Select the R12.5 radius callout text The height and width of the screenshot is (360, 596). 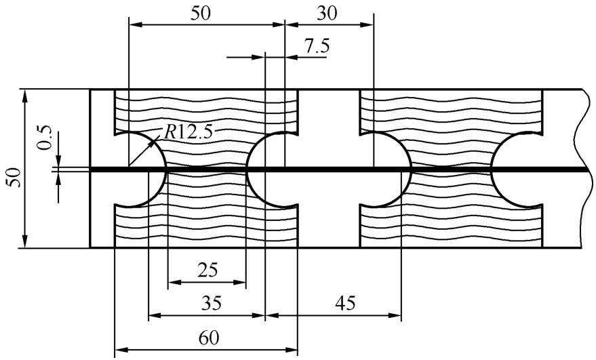coord(188,131)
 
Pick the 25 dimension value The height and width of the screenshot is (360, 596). coord(207,270)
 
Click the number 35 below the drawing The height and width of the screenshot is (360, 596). coord(207,302)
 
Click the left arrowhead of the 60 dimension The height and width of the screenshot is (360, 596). coord(119,350)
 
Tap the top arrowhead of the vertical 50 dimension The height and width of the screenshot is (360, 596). coord(25,94)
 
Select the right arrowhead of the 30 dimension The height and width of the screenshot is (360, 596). coord(369,25)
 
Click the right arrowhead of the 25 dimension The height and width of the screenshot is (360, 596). coord(242,281)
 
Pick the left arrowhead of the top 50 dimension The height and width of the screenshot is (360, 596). coord(134,25)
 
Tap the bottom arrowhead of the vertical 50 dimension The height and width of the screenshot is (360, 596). coord(25,243)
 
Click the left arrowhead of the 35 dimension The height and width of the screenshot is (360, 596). coord(152,315)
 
